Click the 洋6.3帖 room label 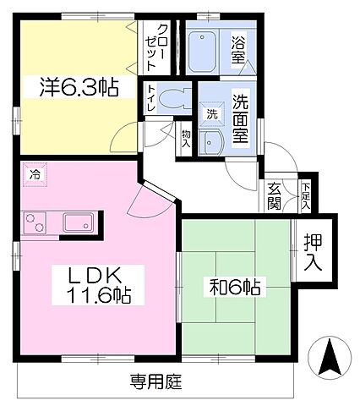77,87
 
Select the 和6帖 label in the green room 236,286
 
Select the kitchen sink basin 79,222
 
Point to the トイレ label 151,100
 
